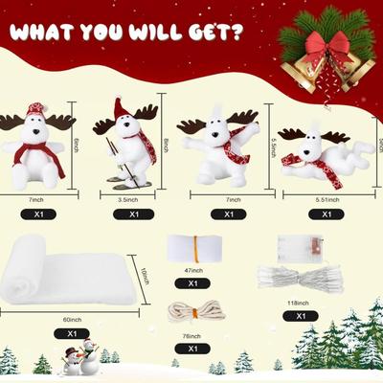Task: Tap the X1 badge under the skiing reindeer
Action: [126, 214]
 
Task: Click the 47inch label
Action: [192, 271]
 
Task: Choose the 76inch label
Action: [192, 336]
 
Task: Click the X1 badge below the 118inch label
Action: [302, 316]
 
